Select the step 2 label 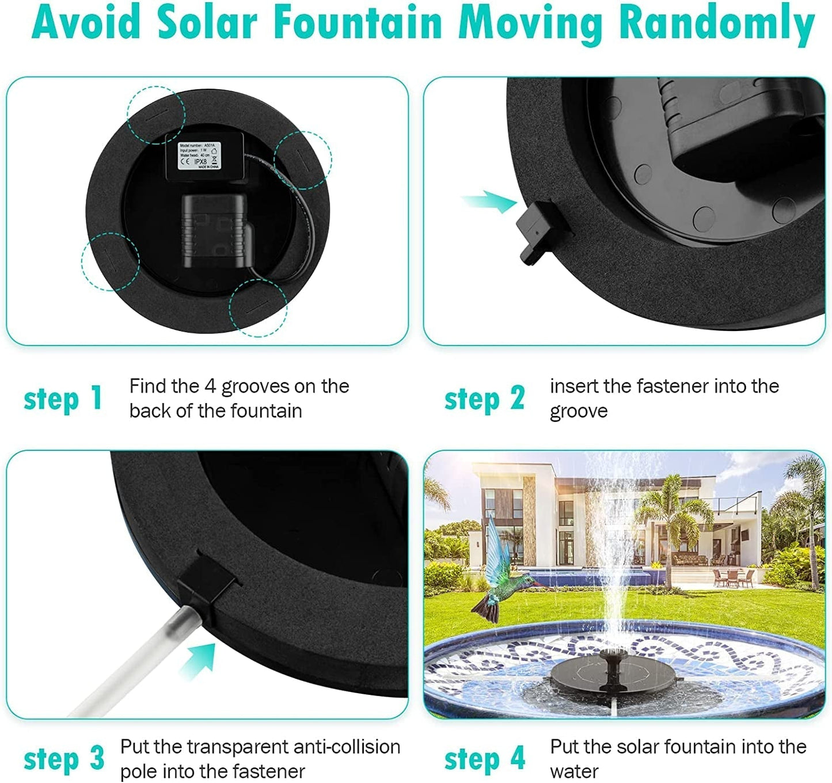click(484, 398)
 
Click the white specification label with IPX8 click(199, 156)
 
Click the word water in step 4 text click(574, 771)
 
